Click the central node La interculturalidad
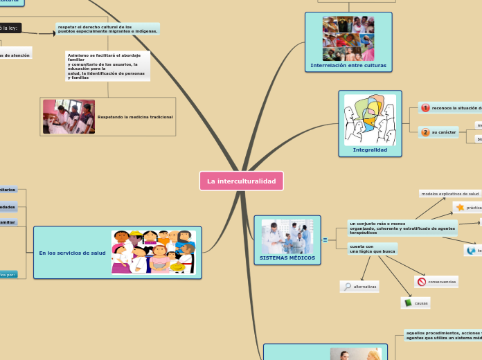tap(241, 181)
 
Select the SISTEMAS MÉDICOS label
tap(287, 258)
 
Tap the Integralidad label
tap(370, 150)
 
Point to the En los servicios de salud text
tap(73, 253)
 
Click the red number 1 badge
tap(425, 108)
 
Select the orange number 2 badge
tap(425, 132)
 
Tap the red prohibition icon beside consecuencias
tap(422, 282)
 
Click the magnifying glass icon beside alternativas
tap(347, 287)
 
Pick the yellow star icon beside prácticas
tap(460, 208)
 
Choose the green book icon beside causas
tap(408, 303)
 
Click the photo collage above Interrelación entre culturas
tap(348, 38)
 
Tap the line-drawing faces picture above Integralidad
tap(370, 120)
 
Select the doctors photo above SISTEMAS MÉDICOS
tap(287, 237)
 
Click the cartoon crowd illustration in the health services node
tap(154, 253)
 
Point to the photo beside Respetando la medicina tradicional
tap(69, 116)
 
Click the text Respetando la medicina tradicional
tap(135, 117)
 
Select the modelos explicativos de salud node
tap(450, 194)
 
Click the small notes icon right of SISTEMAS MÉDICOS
tap(325, 240)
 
